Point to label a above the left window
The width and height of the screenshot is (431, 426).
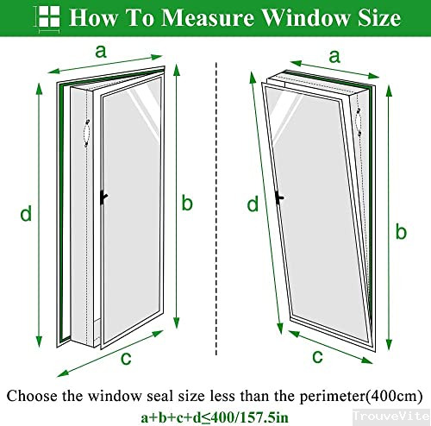coord(101,51)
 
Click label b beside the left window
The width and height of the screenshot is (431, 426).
coord(187,204)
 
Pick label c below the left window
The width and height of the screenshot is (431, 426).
coord(127,359)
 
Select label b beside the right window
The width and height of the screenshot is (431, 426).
coord(400,230)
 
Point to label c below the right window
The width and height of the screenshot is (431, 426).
coord(317,355)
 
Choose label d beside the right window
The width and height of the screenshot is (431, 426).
coord(253,204)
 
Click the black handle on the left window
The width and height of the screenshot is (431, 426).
coord(103,197)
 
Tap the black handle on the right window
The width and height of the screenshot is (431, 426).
coord(278,197)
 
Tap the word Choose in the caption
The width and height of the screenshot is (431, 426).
coord(34,395)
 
